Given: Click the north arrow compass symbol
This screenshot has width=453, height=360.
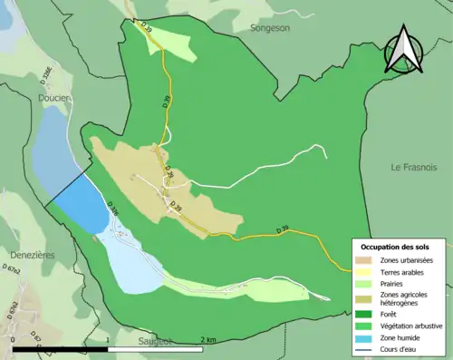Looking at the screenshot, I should (x=403, y=50).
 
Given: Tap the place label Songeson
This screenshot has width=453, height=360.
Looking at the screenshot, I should (x=271, y=28).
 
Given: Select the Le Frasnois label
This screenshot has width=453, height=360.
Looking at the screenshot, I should (x=414, y=168).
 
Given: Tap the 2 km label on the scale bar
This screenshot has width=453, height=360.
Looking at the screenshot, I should (x=208, y=339).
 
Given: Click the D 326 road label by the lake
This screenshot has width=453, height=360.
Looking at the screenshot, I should (x=113, y=209).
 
